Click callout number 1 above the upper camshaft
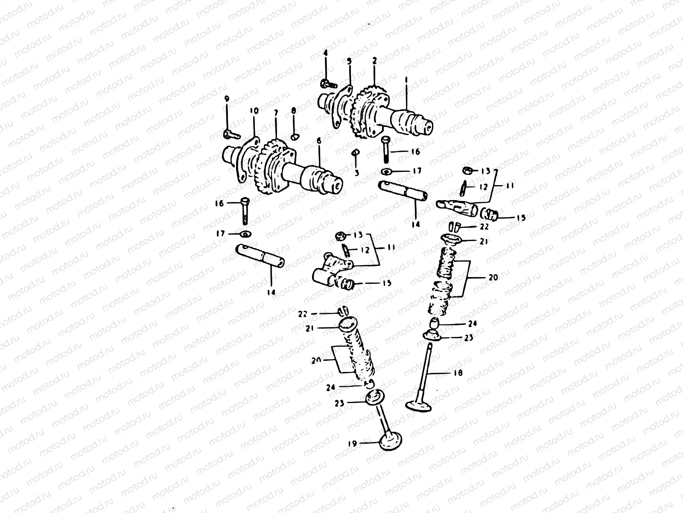pyautogui.click(x=406, y=80)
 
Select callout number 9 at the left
pyautogui.click(x=227, y=99)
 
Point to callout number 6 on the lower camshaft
pyautogui.click(x=319, y=141)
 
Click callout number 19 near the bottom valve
pyautogui.click(x=352, y=444)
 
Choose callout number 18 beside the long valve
pyautogui.click(x=458, y=373)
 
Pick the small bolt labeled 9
pyautogui.click(x=229, y=134)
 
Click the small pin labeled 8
pyautogui.click(x=294, y=137)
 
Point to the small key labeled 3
pyautogui.click(x=354, y=152)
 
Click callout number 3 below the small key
pyautogui.click(x=357, y=173)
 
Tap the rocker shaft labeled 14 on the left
pyautogui.click(x=260, y=256)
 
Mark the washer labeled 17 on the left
pyautogui.click(x=246, y=234)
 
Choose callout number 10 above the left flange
pyautogui.click(x=254, y=111)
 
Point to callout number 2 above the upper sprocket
pyautogui.click(x=374, y=61)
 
